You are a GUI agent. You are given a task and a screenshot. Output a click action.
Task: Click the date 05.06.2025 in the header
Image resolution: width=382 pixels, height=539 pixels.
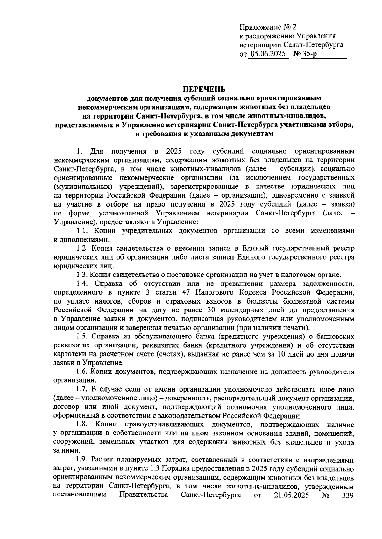tap(268, 54)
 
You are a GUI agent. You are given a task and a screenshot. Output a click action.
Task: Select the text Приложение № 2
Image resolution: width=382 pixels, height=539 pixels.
tap(268, 27)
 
